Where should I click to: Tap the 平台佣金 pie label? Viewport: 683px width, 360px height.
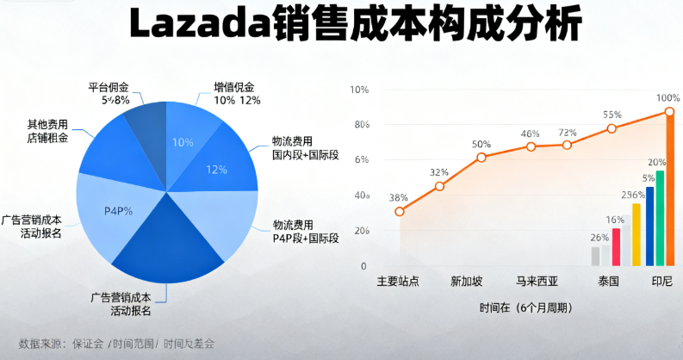(109, 86)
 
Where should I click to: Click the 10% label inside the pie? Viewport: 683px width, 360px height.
(183, 143)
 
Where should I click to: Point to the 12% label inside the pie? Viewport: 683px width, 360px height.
(217, 169)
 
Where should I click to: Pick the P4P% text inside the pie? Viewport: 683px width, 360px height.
(119, 211)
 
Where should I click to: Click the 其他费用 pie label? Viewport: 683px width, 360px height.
(48, 123)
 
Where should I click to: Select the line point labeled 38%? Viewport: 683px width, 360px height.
(400, 211)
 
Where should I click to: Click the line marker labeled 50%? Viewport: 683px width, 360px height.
(481, 158)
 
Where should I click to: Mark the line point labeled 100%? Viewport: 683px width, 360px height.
(669, 112)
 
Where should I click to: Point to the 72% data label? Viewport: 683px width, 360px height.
(568, 133)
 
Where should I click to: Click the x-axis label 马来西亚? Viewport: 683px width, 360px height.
(537, 282)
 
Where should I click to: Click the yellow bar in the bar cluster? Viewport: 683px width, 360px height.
(636, 234)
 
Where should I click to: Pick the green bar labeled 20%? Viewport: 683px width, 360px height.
(660, 219)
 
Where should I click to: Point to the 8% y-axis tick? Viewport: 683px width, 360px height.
(362, 125)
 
